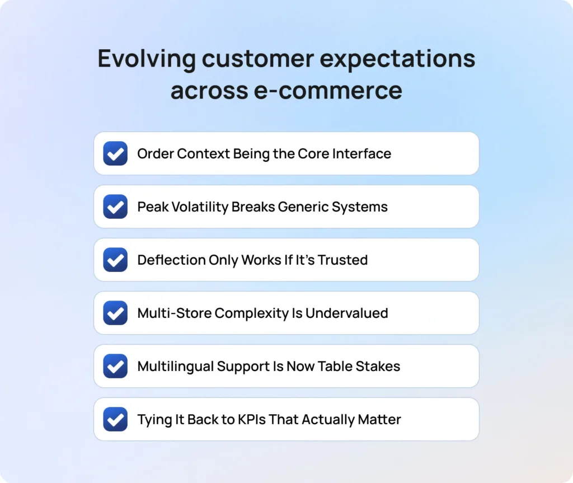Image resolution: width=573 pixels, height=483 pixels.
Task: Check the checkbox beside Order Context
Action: point(115,153)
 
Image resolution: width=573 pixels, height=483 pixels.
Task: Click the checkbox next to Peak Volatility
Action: point(115,207)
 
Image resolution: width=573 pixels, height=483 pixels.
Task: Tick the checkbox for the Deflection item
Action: point(115,260)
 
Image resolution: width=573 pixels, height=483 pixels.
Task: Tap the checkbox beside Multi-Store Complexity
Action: point(115,313)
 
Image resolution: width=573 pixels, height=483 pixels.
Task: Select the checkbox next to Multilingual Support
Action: point(115,366)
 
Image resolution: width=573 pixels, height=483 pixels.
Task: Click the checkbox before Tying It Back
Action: point(115,419)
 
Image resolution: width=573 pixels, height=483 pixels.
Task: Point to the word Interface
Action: point(363,153)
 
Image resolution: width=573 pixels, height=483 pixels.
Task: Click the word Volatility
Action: point(198,207)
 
